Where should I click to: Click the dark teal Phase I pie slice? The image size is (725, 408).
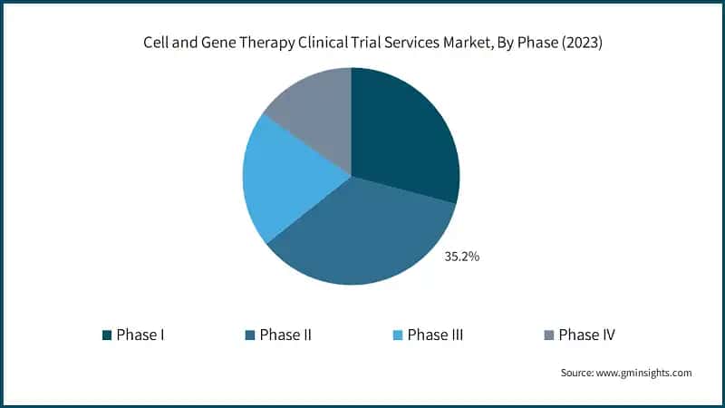(403, 136)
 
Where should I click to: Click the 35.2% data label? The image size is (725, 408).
(461, 257)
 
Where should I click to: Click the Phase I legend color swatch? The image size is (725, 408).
(107, 335)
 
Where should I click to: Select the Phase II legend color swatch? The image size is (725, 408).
(249, 335)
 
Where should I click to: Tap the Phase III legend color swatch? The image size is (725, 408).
(397, 335)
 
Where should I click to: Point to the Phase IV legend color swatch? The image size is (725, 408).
(547, 335)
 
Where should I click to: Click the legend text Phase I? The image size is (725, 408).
(140, 335)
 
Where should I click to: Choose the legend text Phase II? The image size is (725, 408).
(285, 335)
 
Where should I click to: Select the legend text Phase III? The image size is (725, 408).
(436, 335)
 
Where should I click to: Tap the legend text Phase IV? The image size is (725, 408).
(587, 335)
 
